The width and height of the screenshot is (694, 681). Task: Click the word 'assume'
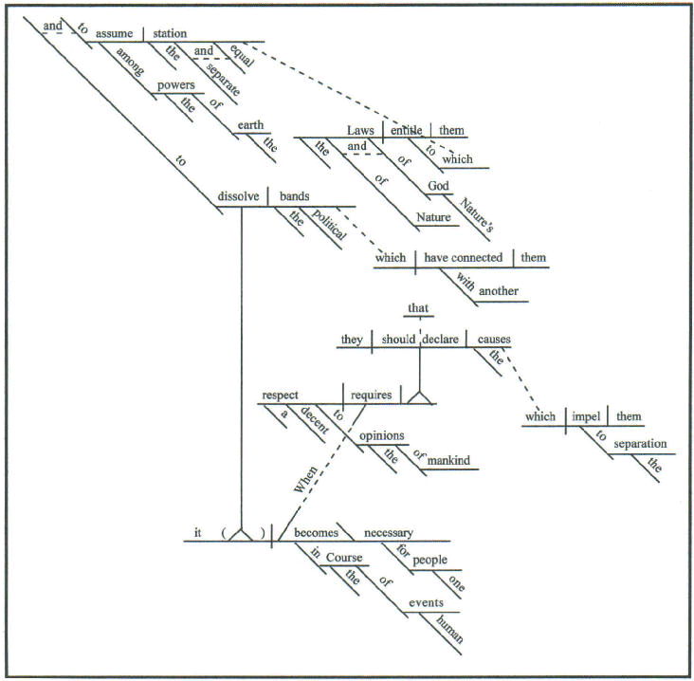tap(114, 33)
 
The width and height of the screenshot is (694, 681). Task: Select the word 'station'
tap(170, 33)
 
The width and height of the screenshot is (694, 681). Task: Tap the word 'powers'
tap(176, 85)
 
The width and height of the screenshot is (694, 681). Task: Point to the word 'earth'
tap(250, 125)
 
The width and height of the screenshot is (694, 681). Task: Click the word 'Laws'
tap(360, 130)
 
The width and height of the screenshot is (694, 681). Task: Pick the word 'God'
tap(438, 186)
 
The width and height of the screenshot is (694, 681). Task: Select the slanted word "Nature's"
tap(476, 214)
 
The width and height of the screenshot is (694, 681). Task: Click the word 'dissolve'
tap(238, 196)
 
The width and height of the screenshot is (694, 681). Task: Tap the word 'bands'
tap(294, 196)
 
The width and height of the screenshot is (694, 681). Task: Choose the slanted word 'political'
tap(329, 224)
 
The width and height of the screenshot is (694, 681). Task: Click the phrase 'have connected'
tap(463, 257)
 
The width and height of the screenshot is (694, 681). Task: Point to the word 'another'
tap(499, 291)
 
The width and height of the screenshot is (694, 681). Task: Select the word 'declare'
tap(440, 340)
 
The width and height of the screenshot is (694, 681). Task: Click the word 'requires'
tap(372, 395)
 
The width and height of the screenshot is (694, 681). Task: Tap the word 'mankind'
tap(448, 461)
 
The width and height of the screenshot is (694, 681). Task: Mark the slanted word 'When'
tap(305, 479)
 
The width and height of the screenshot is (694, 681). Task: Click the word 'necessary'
tap(388, 533)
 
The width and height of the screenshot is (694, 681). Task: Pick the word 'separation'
tap(640, 444)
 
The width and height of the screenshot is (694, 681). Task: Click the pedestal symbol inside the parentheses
tap(241, 534)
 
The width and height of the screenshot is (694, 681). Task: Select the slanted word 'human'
tap(449, 629)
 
